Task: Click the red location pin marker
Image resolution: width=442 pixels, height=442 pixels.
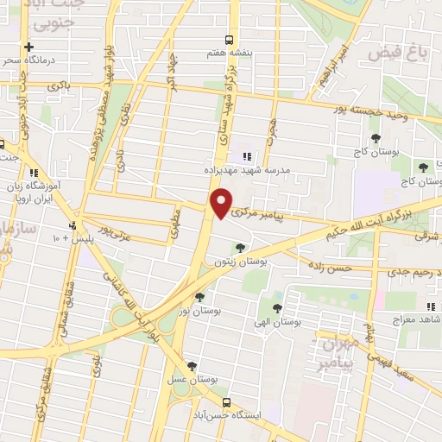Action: pyautogui.click(x=222, y=202)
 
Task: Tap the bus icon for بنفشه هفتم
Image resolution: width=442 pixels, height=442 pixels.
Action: pyautogui.click(x=229, y=40)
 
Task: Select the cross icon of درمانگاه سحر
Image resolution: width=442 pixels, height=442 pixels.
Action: pyautogui.click(x=30, y=47)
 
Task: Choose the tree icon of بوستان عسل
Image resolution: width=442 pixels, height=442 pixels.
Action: pyautogui.click(x=192, y=366)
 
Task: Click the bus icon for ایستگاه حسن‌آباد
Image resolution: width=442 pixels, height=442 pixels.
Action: pyautogui.click(x=226, y=402)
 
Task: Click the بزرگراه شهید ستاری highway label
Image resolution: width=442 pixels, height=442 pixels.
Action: pyautogui.click(x=223, y=122)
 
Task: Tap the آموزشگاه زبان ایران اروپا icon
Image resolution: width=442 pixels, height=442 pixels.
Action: pyautogui.click(x=33, y=172)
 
